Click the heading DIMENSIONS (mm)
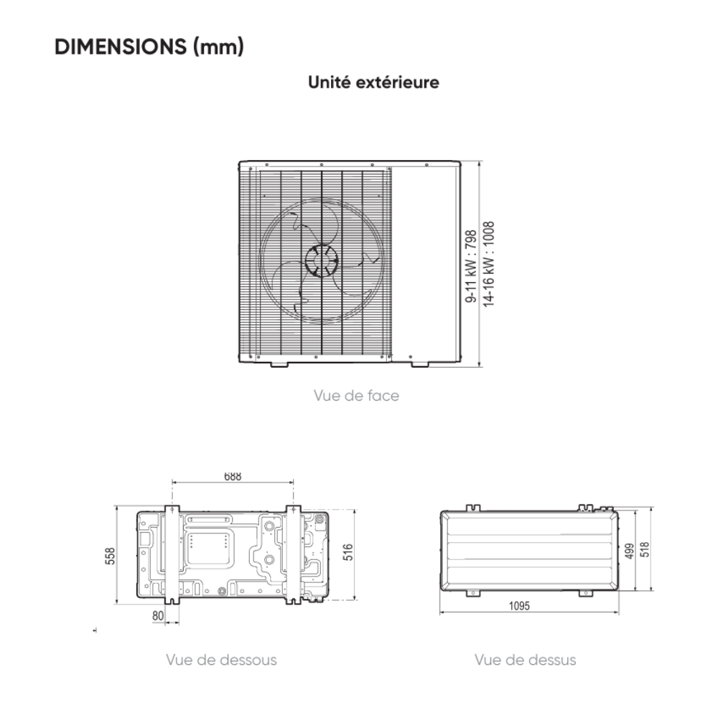coord(149,47)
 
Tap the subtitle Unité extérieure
coord(373,83)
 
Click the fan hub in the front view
coord(322,261)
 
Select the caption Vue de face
coord(356,396)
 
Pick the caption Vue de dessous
coord(221,660)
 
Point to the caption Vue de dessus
coord(526,660)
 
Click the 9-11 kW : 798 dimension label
coord(471,266)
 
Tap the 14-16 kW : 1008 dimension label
coord(488,264)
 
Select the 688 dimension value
coord(233,476)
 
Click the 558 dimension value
coord(111,556)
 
